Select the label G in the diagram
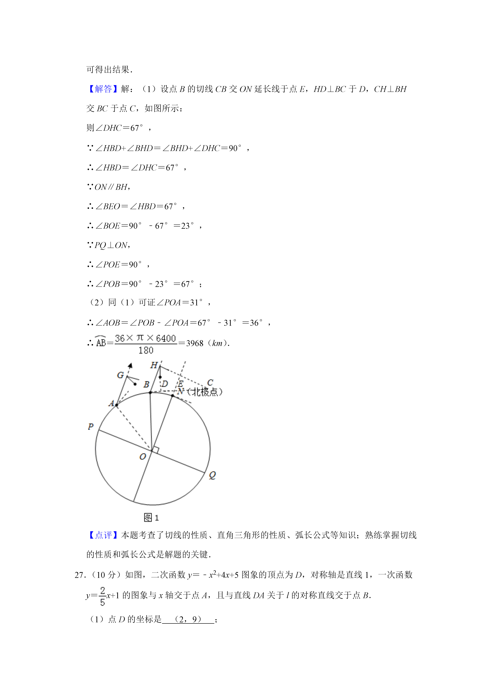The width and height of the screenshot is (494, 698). point(121,375)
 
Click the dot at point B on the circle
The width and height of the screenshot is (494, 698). point(150,392)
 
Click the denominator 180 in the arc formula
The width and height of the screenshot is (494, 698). point(146,350)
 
